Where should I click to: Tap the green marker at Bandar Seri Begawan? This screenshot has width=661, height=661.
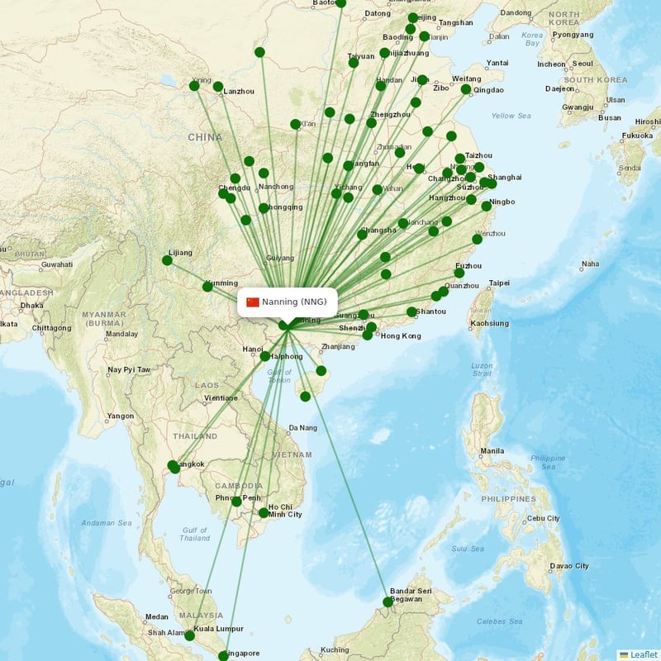click(388, 602)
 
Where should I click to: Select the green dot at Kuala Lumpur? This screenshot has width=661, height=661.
click(189, 635)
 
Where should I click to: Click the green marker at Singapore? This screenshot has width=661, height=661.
click(223, 655)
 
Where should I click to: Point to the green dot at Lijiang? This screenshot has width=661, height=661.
click(167, 260)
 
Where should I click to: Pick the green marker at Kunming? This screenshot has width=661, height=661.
click(207, 287)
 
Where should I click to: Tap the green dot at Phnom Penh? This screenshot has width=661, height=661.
click(236, 502)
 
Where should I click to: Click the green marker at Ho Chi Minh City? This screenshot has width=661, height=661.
click(264, 513)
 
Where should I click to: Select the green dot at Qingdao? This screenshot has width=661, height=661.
click(466, 89)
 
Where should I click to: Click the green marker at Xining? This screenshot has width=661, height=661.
click(194, 85)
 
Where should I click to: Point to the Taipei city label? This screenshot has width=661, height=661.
click(500, 283)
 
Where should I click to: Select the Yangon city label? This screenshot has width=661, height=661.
click(120, 416)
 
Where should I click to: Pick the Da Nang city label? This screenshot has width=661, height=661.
click(302, 428)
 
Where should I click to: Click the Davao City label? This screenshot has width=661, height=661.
click(569, 566)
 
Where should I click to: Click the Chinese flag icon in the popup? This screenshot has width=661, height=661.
click(253, 302)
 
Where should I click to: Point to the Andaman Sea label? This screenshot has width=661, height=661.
click(107, 523)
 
